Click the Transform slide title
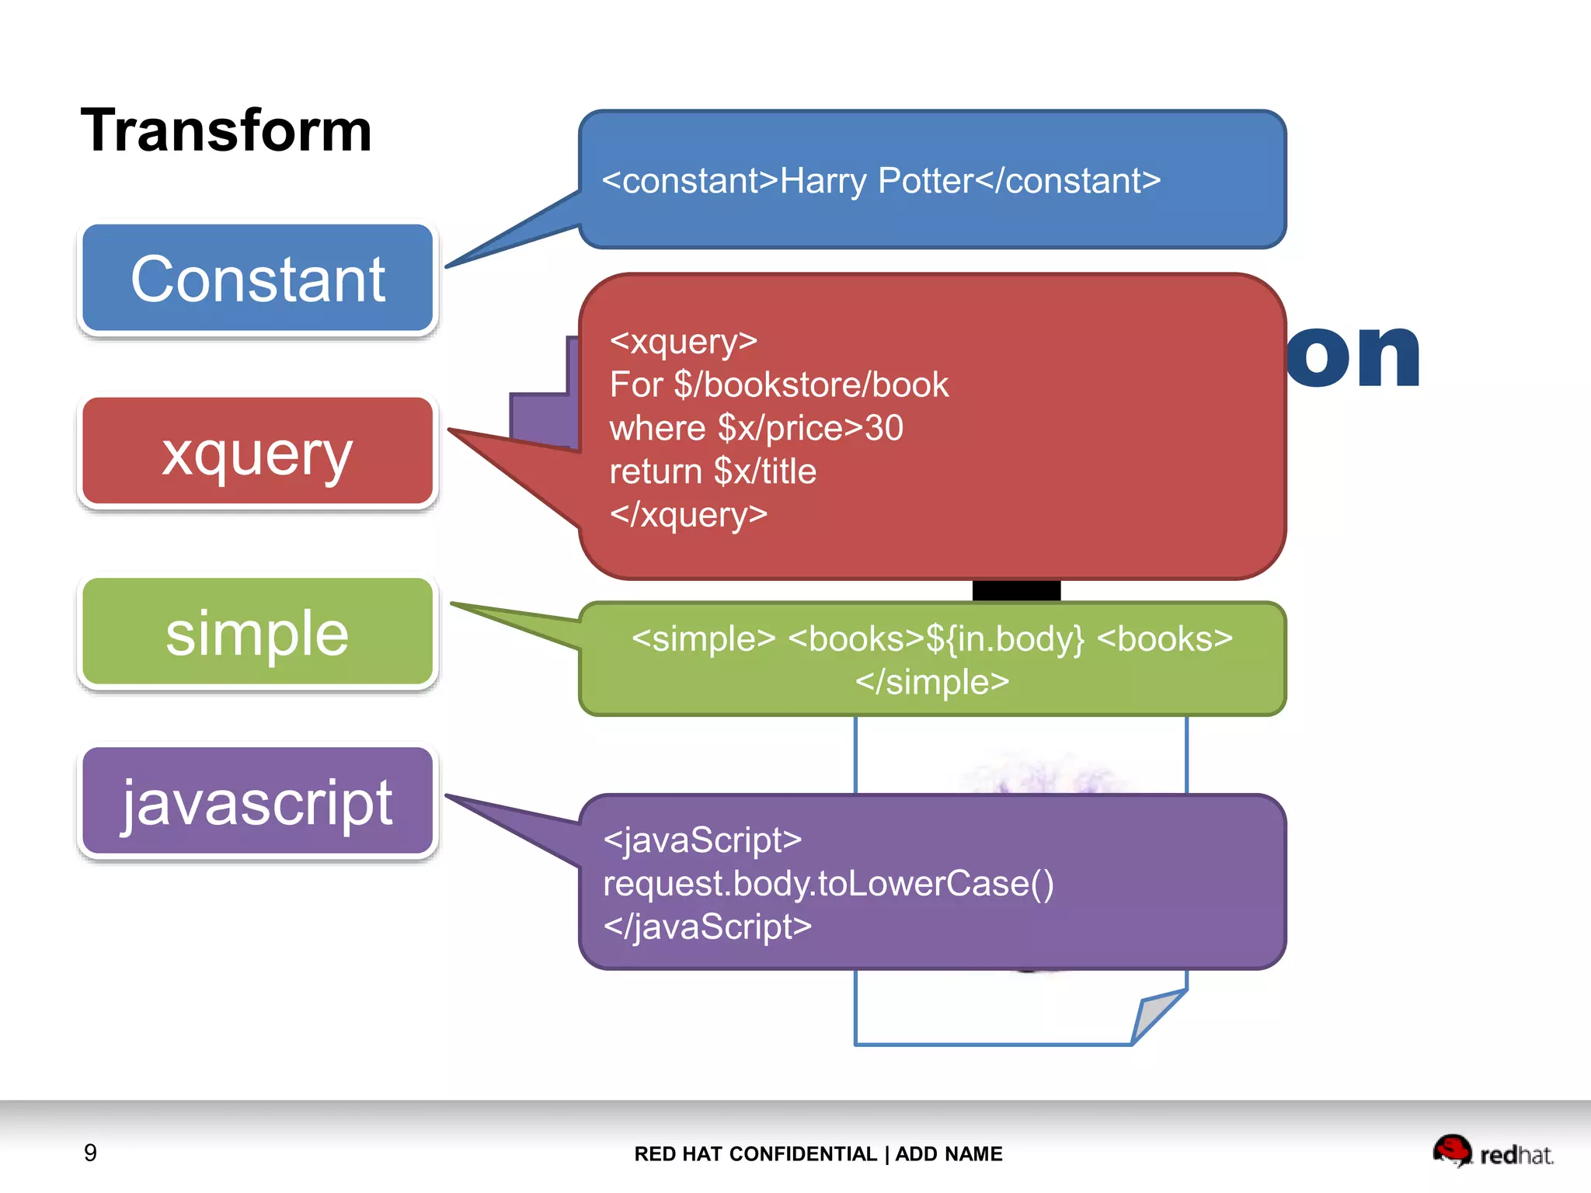[x=226, y=130]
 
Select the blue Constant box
[x=257, y=279]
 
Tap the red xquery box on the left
[x=257, y=452]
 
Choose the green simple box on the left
[x=257, y=632]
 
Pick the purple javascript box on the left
[x=257, y=802]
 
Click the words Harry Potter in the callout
[x=876, y=181]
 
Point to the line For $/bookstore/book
[x=778, y=385]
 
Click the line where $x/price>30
[x=756, y=428]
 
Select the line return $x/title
[x=712, y=471]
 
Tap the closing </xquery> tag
[x=688, y=515]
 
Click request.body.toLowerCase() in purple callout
[x=828, y=884]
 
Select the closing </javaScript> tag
[x=707, y=927]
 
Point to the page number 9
[x=90, y=1153]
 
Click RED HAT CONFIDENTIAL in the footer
[x=755, y=1154]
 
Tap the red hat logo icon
[x=1451, y=1150]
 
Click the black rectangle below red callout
[x=1016, y=590]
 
